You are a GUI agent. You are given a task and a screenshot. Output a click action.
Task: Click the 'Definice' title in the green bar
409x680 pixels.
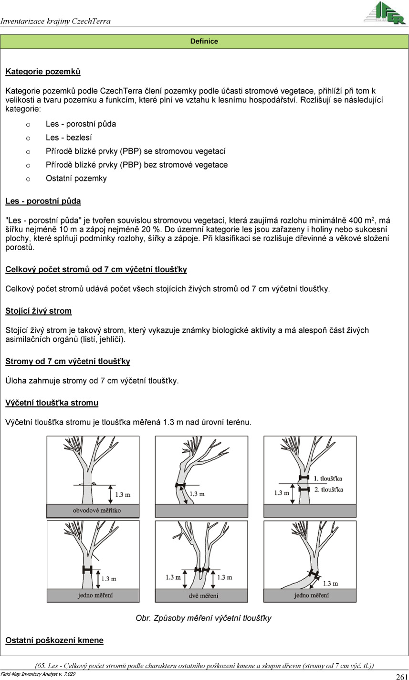(204, 42)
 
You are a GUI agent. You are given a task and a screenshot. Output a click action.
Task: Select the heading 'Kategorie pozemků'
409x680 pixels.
(43, 72)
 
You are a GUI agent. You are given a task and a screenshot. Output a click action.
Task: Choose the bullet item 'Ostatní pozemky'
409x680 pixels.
(76, 179)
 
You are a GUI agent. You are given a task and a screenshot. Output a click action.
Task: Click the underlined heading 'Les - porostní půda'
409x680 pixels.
(43, 201)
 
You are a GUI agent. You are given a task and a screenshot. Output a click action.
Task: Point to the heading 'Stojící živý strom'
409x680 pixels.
(39, 311)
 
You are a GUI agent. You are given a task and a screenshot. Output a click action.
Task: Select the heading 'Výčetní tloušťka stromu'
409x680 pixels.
(52, 403)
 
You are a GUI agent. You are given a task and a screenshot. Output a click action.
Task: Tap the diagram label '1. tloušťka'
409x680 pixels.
(328, 478)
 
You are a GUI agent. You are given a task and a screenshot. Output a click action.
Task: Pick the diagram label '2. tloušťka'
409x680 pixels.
(328, 489)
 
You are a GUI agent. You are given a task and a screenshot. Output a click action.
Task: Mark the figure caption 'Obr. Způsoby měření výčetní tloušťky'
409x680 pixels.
(204, 618)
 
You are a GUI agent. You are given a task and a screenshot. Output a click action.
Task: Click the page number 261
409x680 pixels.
(401, 676)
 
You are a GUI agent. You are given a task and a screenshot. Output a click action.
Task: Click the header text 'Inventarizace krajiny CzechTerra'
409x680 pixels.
(56, 21)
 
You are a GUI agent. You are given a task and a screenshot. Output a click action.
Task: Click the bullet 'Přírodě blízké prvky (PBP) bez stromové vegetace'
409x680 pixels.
(136, 165)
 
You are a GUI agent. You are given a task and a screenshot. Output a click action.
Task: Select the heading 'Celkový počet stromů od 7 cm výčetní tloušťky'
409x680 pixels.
(96, 270)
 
